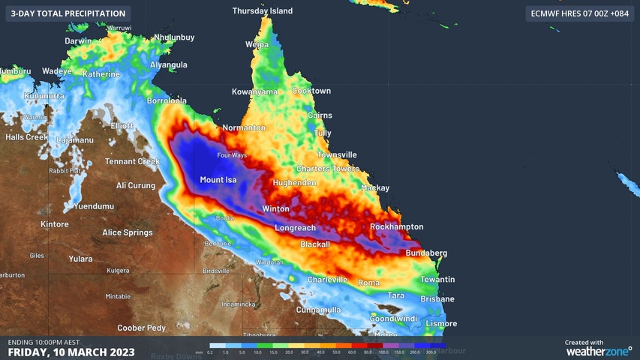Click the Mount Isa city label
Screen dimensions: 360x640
click(x=218, y=180)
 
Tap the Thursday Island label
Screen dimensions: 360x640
click(x=262, y=11)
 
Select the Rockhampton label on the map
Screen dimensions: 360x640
click(x=396, y=226)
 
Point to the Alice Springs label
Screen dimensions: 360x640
click(x=128, y=232)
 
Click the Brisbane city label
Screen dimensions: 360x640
click(x=437, y=298)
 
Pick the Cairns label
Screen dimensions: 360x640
click(x=320, y=115)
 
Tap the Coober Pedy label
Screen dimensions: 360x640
click(x=141, y=328)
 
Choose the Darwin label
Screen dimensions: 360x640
click(x=78, y=41)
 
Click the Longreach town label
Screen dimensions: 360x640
click(x=295, y=228)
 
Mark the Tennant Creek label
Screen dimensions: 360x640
click(x=132, y=161)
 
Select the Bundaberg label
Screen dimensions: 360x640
click(x=426, y=253)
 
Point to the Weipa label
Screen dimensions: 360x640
click(x=257, y=45)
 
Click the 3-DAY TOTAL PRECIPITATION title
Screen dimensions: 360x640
click(x=68, y=13)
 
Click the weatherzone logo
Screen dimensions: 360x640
click(x=598, y=350)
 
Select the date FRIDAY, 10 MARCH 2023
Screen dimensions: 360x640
click(x=71, y=352)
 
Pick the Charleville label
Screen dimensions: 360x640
click(x=328, y=280)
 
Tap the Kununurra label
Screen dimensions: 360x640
click(x=44, y=96)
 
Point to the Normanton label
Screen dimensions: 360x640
click(x=244, y=127)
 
